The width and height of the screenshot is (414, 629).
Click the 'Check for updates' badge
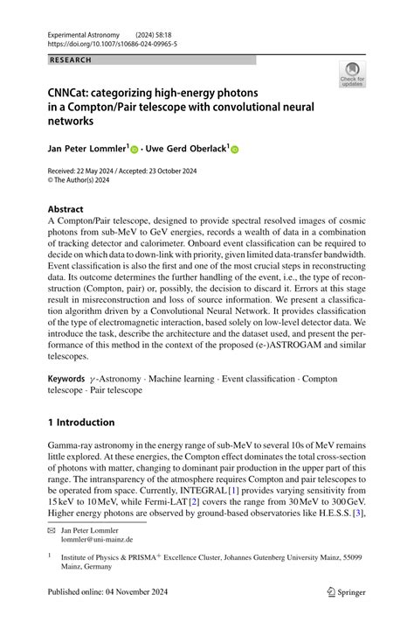(x=351, y=74)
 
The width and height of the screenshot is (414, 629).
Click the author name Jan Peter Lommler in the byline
(x=89, y=150)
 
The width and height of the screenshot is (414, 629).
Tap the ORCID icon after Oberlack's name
(x=234, y=150)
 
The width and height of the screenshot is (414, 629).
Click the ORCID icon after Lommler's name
(x=134, y=150)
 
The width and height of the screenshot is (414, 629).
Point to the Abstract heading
(x=66, y=210)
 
